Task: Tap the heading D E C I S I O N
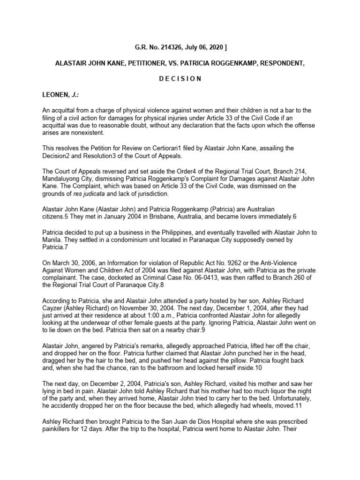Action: (x=180, y=78)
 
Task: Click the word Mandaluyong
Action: (x=62, y=179)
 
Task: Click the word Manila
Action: (x=52, y=240)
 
